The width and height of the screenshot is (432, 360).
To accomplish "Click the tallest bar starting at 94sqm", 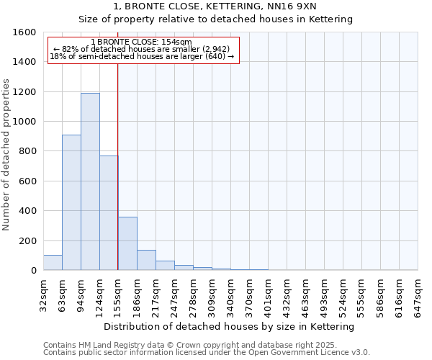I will tap(90, 181).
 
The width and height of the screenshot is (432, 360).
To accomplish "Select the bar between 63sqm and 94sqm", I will tap(71, 202).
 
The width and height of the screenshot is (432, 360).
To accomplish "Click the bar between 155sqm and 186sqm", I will tap(127, 243).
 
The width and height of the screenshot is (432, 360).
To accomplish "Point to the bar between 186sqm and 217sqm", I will tap(146, 260).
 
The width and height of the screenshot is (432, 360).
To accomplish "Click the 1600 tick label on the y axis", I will tap(24, 32).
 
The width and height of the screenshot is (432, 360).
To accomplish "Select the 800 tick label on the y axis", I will tap(27, 151).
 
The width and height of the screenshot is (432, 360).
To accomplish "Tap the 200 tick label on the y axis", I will tap(27, 240).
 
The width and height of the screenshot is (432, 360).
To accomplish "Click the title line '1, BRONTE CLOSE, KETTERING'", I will tap(215, 6).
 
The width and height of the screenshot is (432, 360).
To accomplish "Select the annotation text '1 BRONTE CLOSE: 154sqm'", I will tap(143, 42).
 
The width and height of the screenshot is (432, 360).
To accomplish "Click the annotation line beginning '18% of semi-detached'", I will tap(142, 56).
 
